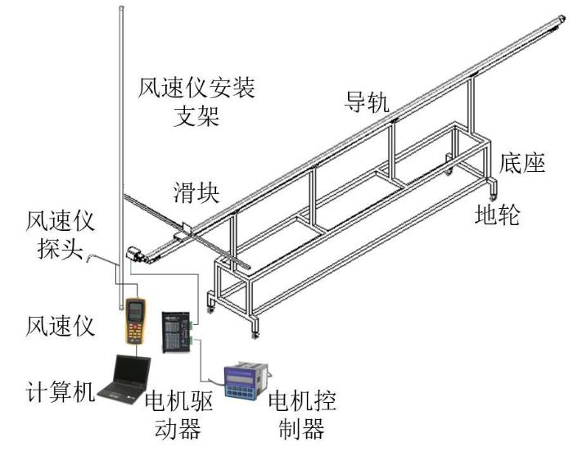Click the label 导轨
[367, 102]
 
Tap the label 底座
[522, 163]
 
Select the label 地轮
[498, 214]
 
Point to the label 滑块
[196, 192]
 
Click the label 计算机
[61, 392]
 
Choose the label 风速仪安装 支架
[196, 102]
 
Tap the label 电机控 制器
[302, 415]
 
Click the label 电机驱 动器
[178, 415]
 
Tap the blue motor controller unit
[246, 380]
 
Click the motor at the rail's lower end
[136, 254]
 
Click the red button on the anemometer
[135, 327]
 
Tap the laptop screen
[132, 372]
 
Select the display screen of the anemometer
[135, 309]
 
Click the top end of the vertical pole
[122, 7]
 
